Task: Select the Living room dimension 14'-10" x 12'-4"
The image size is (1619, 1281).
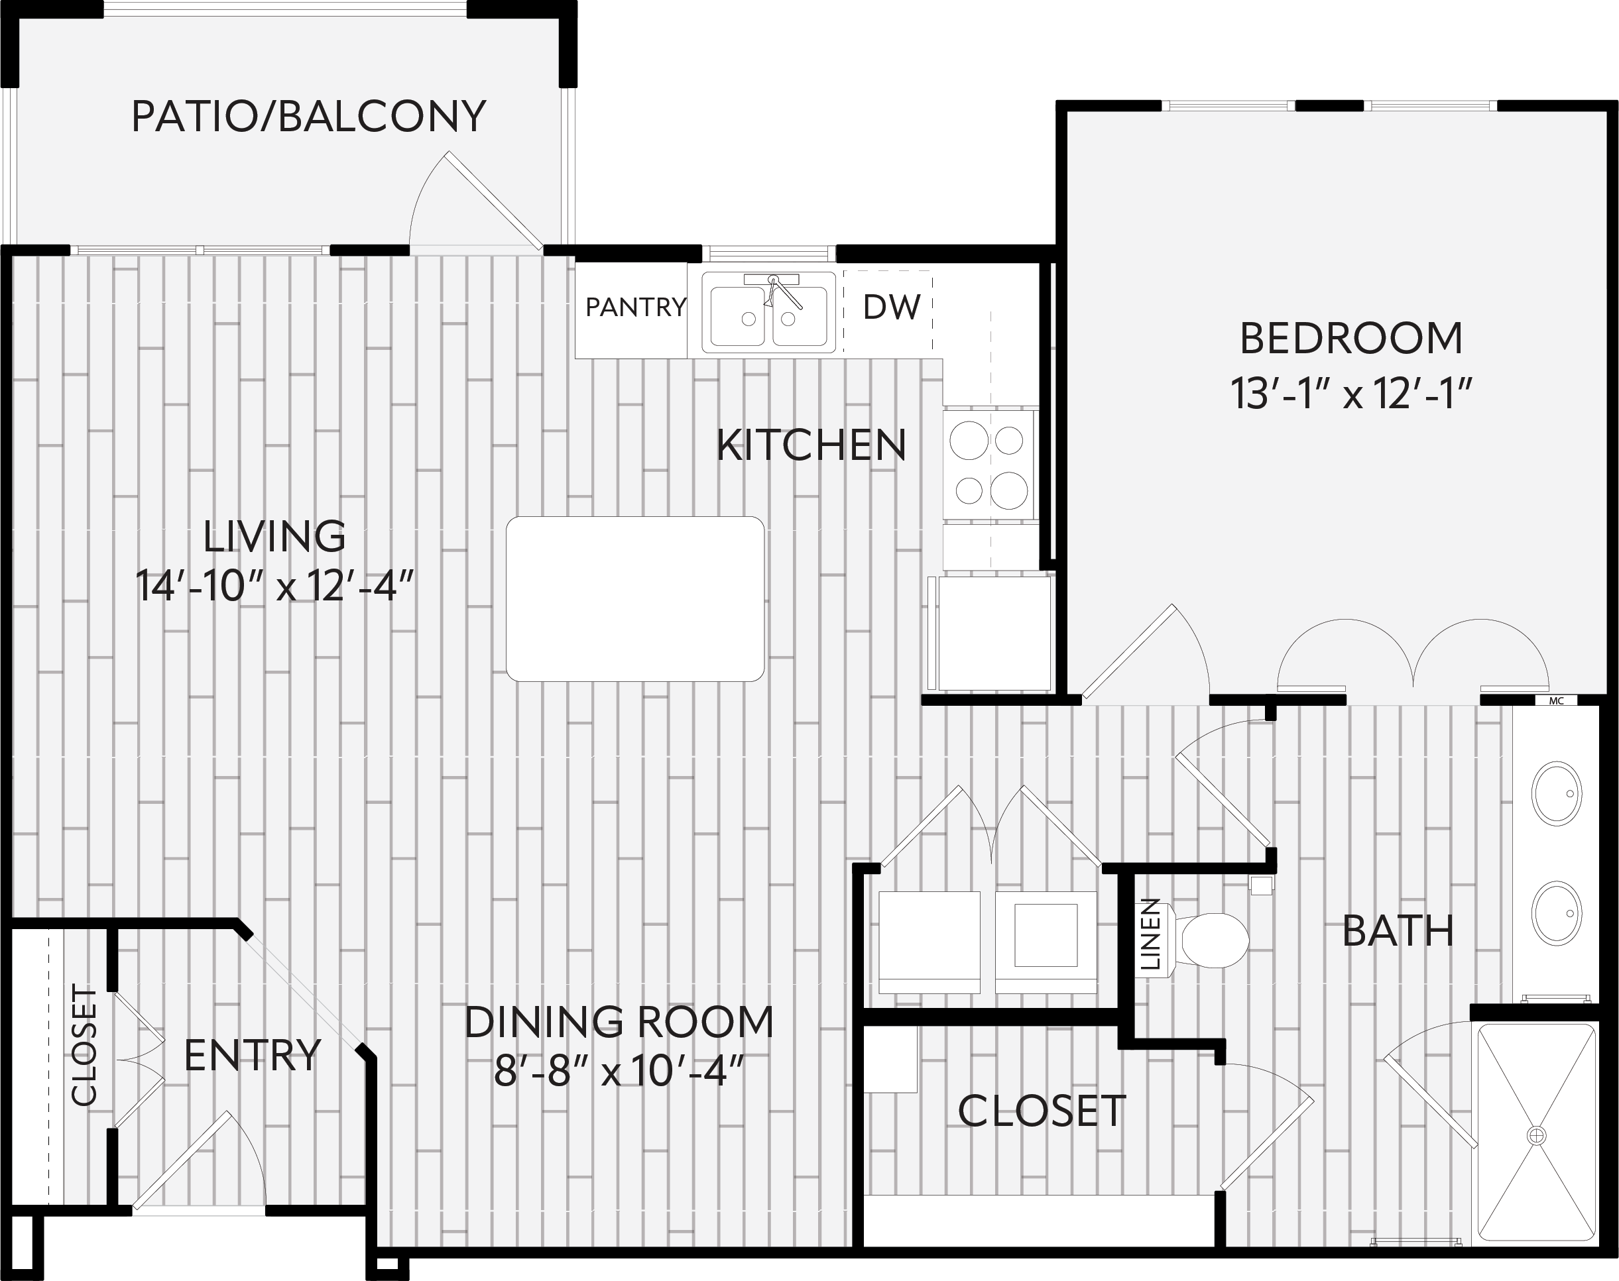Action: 274,586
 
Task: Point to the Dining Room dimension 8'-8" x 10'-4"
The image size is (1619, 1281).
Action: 619,1071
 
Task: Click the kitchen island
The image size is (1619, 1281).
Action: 635,598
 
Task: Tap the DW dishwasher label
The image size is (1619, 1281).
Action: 891,307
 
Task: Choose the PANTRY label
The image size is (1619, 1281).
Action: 635,307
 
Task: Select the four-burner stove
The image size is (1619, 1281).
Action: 989,465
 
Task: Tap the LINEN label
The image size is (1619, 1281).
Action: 1150,935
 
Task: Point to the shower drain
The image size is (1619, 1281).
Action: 1537,1134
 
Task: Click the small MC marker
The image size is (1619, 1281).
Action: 1556,701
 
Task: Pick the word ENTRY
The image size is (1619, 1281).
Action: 252,1056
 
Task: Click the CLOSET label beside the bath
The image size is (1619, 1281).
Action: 1042,1111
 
